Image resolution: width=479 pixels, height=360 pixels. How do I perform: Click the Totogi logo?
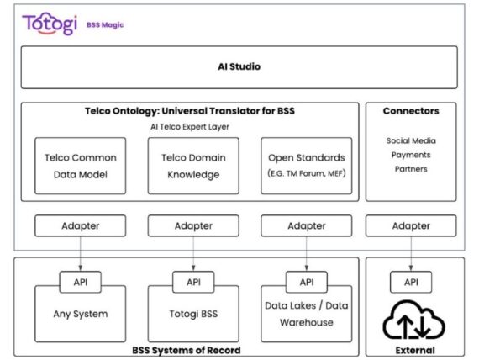[x=50, y=24]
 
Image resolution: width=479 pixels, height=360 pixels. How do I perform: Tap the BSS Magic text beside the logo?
[x=105, y=25]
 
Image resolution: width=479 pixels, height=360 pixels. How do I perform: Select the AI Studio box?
[x=239, y=66]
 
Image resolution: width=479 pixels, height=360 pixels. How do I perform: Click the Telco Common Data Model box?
[x=81, y=166]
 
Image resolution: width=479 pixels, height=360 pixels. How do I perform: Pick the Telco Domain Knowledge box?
[x=194, y=166]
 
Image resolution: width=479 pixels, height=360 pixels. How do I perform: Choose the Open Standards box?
[x=307, y=166]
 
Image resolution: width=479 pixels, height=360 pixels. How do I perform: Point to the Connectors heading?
[x=410, y=111]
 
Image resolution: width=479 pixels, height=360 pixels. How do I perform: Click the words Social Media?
[x=411, y=140]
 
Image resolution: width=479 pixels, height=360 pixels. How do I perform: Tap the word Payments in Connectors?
[x=411, y=155]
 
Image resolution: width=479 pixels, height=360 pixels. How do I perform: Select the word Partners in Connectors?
[x=411, y=168]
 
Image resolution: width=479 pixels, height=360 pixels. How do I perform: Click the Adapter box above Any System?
[x=81, y=225]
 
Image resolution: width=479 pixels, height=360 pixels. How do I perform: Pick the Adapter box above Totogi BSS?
[x=194, y=225]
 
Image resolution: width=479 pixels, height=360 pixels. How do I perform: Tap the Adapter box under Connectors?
[x=411, y=225]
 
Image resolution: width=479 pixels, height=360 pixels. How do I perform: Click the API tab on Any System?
[x=81, y=283]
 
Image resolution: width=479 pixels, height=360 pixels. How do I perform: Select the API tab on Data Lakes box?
[x=307, y=283]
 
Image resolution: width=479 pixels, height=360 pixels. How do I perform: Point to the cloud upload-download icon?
[x=411, y=320]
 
